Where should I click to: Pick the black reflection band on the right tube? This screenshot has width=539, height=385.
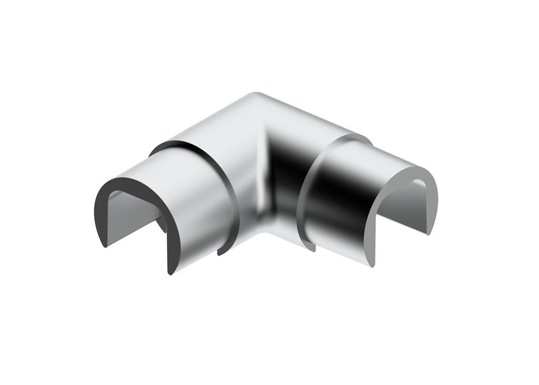tap(337, 195)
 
